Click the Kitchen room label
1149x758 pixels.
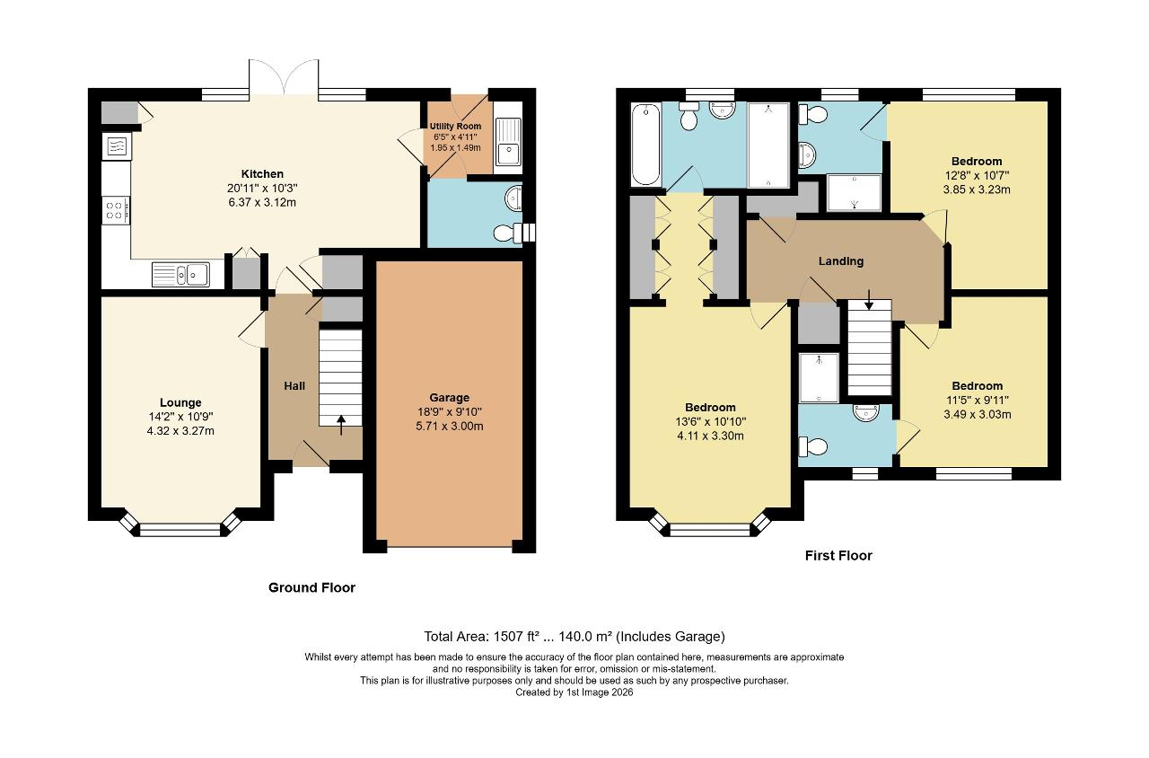click(262, 173)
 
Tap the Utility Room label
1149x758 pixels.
click(455, 126)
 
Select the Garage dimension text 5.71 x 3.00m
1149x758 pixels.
click(450, 426)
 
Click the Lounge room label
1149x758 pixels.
click(180, 402)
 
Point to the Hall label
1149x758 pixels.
click(294, 385)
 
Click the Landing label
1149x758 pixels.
click(841, 261)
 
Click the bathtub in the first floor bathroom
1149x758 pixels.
click(645, 144)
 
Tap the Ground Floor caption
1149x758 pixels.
click(311, 587)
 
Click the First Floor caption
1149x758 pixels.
click(838, 555)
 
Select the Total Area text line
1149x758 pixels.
click(574, 636)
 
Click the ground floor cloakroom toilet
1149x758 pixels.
click(508, 234)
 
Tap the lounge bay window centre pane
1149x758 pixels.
click(180, 530)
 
